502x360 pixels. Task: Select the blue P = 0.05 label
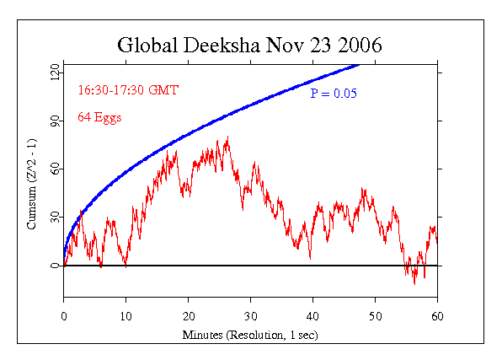click(334, 93)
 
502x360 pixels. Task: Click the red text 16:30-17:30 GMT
click(128, 89)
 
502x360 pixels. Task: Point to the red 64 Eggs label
click(99, 117)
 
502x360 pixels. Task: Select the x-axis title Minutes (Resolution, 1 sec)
click(250, 336)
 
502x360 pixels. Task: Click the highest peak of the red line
click(227, 137)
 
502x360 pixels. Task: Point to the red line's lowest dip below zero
click(414, 283)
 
